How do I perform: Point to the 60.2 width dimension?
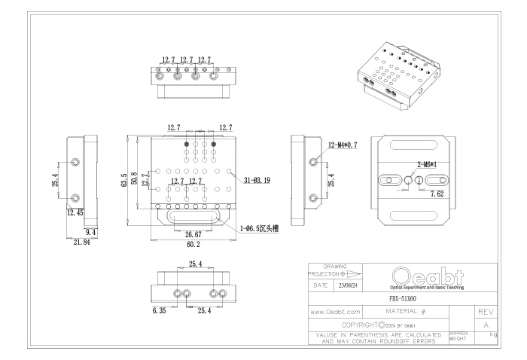tap(193, 244)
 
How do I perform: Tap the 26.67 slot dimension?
tap(193, 233)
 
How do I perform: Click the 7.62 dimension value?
tap(437, 194)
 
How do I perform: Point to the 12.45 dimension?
tap(75, 213)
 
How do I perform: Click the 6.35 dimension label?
tap(159, 310)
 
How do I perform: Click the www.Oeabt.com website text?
tap(336, 310)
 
